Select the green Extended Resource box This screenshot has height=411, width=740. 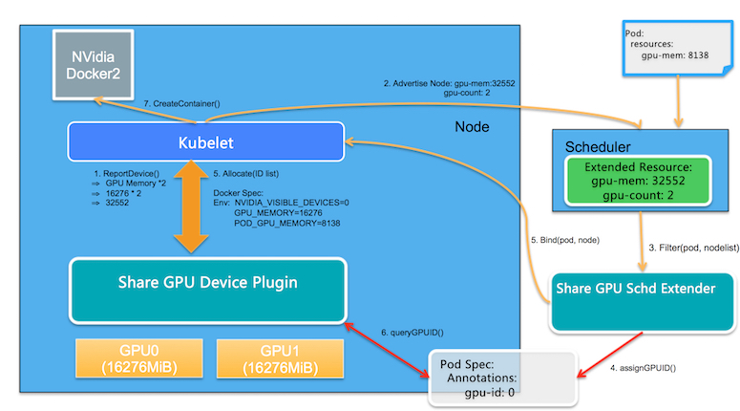point(635,180)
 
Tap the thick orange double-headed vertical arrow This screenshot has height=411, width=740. point(191,206)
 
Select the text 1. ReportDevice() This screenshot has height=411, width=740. point(130,171)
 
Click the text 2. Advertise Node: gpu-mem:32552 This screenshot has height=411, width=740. point(450,83)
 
